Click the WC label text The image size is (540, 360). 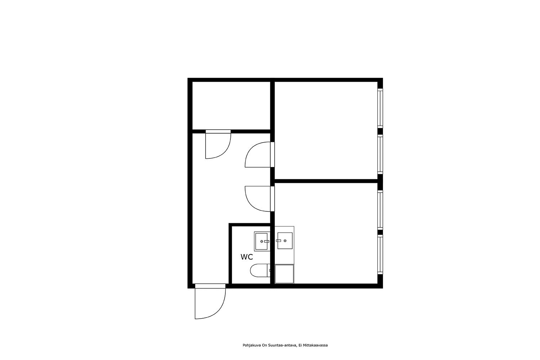[x=247, y=257]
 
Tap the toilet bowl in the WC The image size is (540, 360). [x=260, y=271]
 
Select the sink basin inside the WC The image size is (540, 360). [x=262, y=241]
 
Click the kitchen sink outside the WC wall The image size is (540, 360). [x=285, y=240]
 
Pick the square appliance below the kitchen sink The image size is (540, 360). [x=284, y=274]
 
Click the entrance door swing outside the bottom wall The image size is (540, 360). [x=210, y=303]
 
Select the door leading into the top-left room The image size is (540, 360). [x=218, y=145]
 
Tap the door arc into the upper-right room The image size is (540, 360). [x=258, y=154]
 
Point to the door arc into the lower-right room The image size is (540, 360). [x=258, y=199]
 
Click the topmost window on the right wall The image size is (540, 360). [x=380, y=108]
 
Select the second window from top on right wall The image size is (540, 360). [x=380, y=154]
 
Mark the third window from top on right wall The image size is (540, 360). [x=380, y=210]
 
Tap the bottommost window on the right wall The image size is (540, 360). [x=380, y=255]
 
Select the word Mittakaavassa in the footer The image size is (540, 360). [x=315, y=345]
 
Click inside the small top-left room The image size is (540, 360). [x=231, y=105]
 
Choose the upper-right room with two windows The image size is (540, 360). [x=326, y=130]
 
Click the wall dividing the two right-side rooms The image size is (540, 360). [x=326, y=181]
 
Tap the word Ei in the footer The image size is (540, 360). [x=300, y=345]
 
